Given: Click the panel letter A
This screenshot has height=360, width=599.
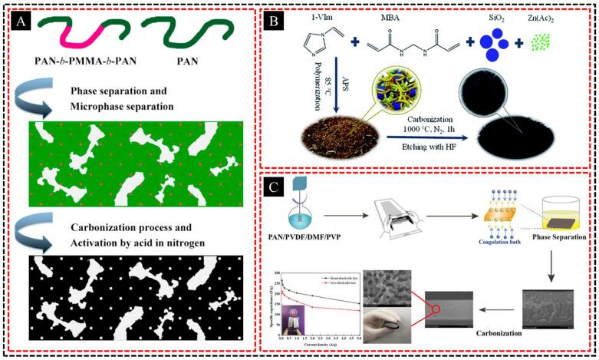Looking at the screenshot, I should coord(22,21).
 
